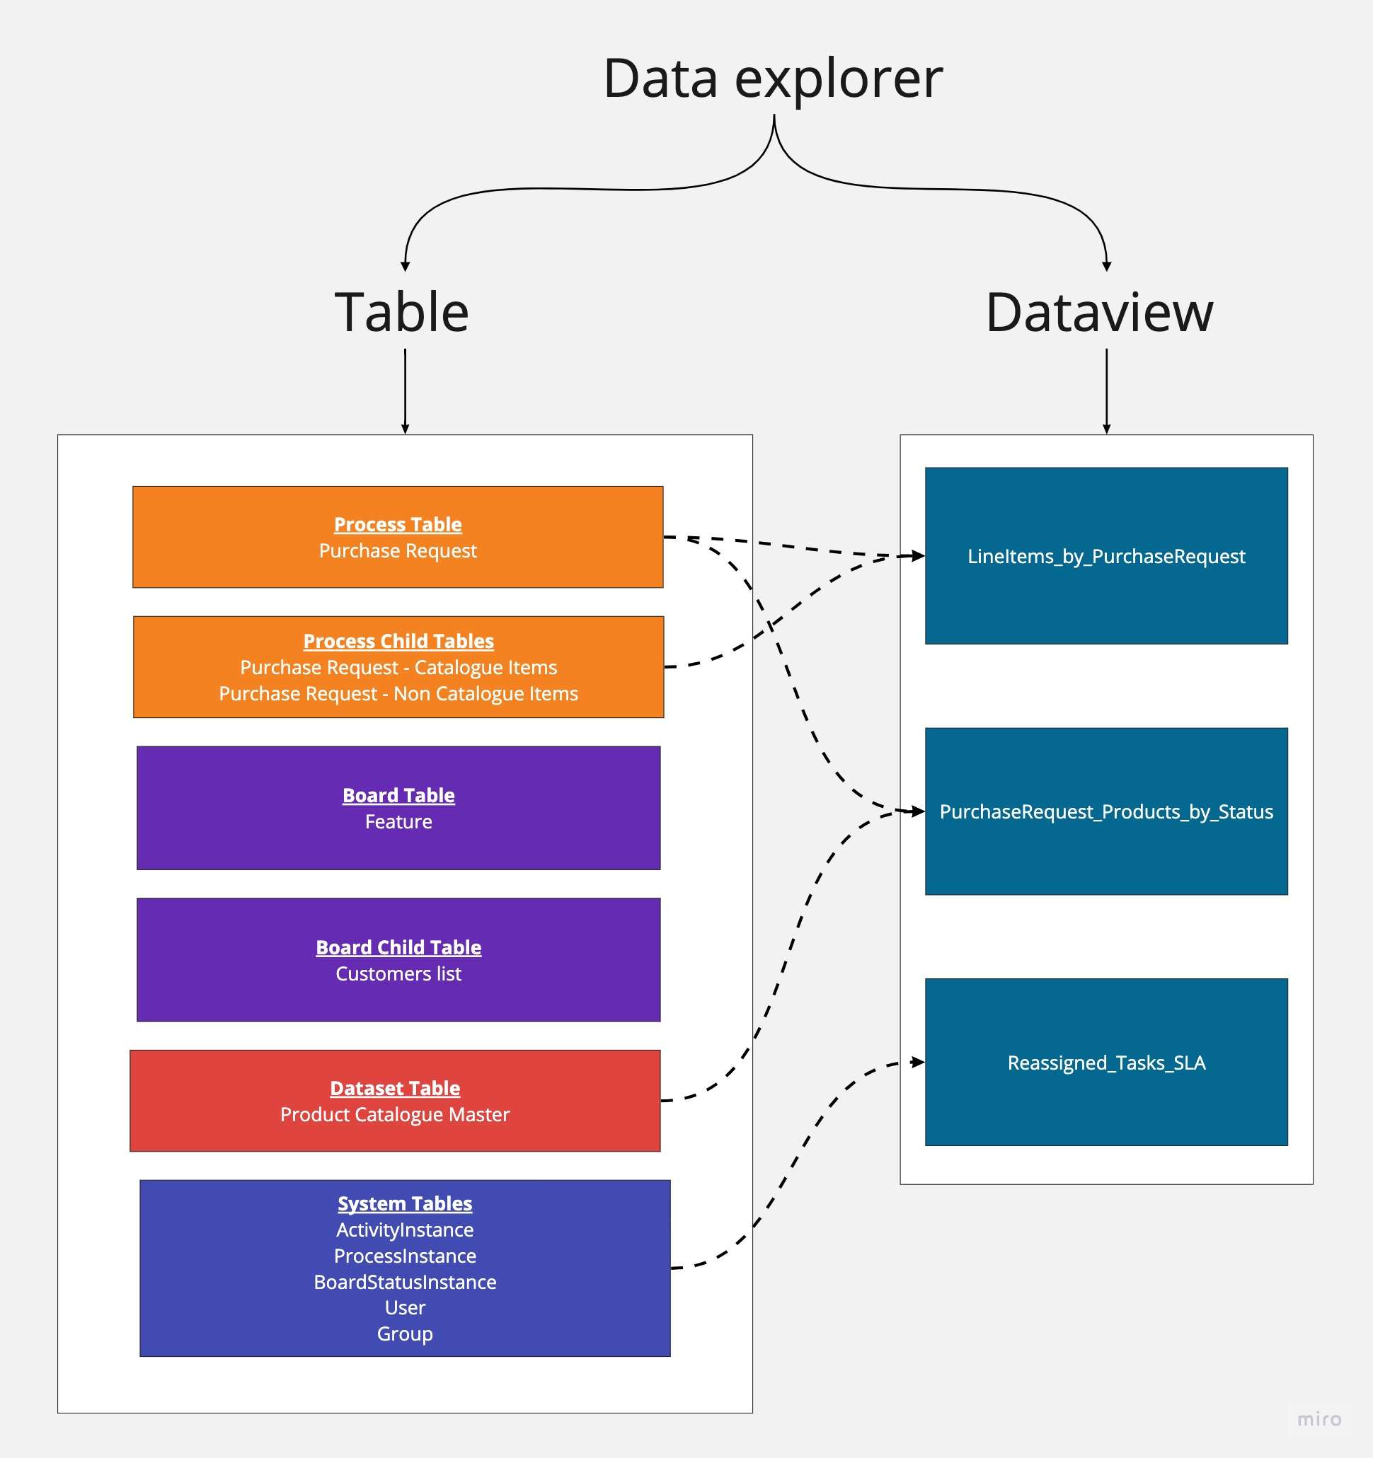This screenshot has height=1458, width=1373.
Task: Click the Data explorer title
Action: tap(773, 79)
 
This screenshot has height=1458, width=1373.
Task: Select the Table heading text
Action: tap(401, 313)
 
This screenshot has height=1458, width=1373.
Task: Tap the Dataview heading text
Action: tap(1098, 313)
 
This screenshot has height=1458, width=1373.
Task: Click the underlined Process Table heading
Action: tap(398, 524)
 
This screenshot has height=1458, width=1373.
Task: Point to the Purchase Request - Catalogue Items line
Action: tap(398, 667)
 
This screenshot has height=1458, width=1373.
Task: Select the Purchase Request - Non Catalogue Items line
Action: tap(398, 694)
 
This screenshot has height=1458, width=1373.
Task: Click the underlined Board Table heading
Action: tap(398, 796)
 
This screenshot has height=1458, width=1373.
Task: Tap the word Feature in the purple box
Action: tap(398, 822)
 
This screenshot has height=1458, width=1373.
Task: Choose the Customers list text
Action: tap(398, 974)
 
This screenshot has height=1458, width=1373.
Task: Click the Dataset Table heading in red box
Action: tap(395, 1088)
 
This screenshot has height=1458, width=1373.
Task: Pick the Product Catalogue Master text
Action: tap(395, 1115)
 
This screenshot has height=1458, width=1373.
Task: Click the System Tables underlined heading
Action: tap(405, 1203)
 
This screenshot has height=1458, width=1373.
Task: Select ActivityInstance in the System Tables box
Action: tap(405, 1230)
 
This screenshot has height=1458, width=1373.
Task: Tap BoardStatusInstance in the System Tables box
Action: tap(405, 1282)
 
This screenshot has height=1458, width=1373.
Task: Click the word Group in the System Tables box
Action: tap(405, 1334)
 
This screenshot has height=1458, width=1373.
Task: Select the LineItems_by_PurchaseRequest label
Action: tap(1106, 557)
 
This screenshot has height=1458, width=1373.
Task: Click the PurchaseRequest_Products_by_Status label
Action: tap(1106, 812)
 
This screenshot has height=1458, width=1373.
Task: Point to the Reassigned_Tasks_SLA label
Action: tap(1106, 1063)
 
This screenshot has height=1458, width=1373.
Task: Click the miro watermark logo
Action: tap(1319, 1419)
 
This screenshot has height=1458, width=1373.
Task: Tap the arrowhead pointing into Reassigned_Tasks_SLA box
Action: tap(917, 1062)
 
